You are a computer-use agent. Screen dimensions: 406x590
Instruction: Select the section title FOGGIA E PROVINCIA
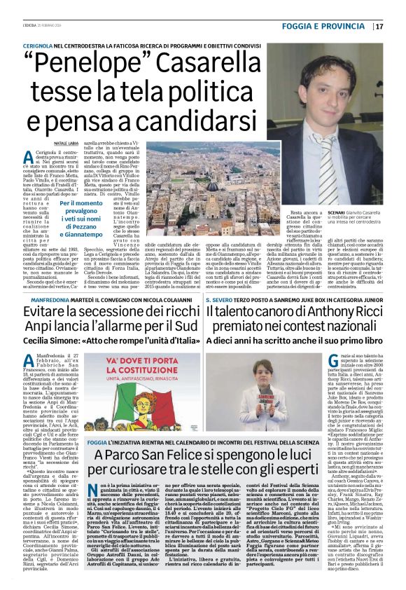tap(333, 27)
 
